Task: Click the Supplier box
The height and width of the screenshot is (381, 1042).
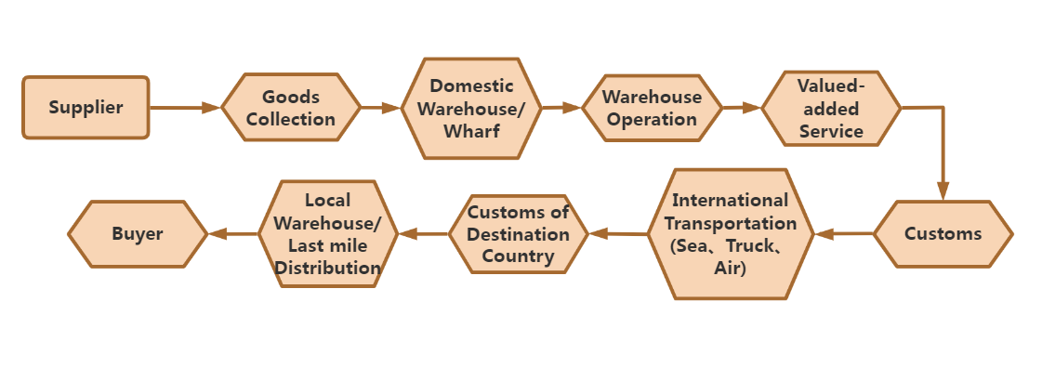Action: coord(86,108)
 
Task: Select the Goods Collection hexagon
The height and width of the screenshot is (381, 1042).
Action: coord(290,108)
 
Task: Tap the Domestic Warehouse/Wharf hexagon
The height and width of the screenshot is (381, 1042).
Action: coord(471,108)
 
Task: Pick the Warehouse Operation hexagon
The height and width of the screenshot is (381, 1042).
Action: coord(652,108)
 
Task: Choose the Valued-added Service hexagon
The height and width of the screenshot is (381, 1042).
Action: coord(831,108)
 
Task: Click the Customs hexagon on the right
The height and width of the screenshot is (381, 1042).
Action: coord(943,233)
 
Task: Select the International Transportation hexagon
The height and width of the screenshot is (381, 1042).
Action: coord(730,233)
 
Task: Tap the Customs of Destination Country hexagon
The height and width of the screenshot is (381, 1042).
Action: coord(519,233)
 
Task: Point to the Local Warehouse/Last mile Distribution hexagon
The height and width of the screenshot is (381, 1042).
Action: coord(328,233)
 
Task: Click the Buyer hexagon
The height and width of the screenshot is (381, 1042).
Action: coord(138,233)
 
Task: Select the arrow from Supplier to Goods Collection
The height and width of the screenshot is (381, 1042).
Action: coord(184,108)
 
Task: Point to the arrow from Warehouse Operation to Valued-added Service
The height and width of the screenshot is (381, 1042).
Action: coord(742,108)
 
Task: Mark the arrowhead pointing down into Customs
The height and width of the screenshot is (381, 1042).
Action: coord(943,190)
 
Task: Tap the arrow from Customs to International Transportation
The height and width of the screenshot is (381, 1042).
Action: coord(844,233)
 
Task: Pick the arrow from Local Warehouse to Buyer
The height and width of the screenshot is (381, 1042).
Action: coord(232,233)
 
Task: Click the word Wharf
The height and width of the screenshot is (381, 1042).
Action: coord(471,130)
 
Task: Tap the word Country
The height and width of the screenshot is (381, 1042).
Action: coord(518,256)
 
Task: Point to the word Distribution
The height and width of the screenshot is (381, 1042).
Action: coord(328,269)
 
